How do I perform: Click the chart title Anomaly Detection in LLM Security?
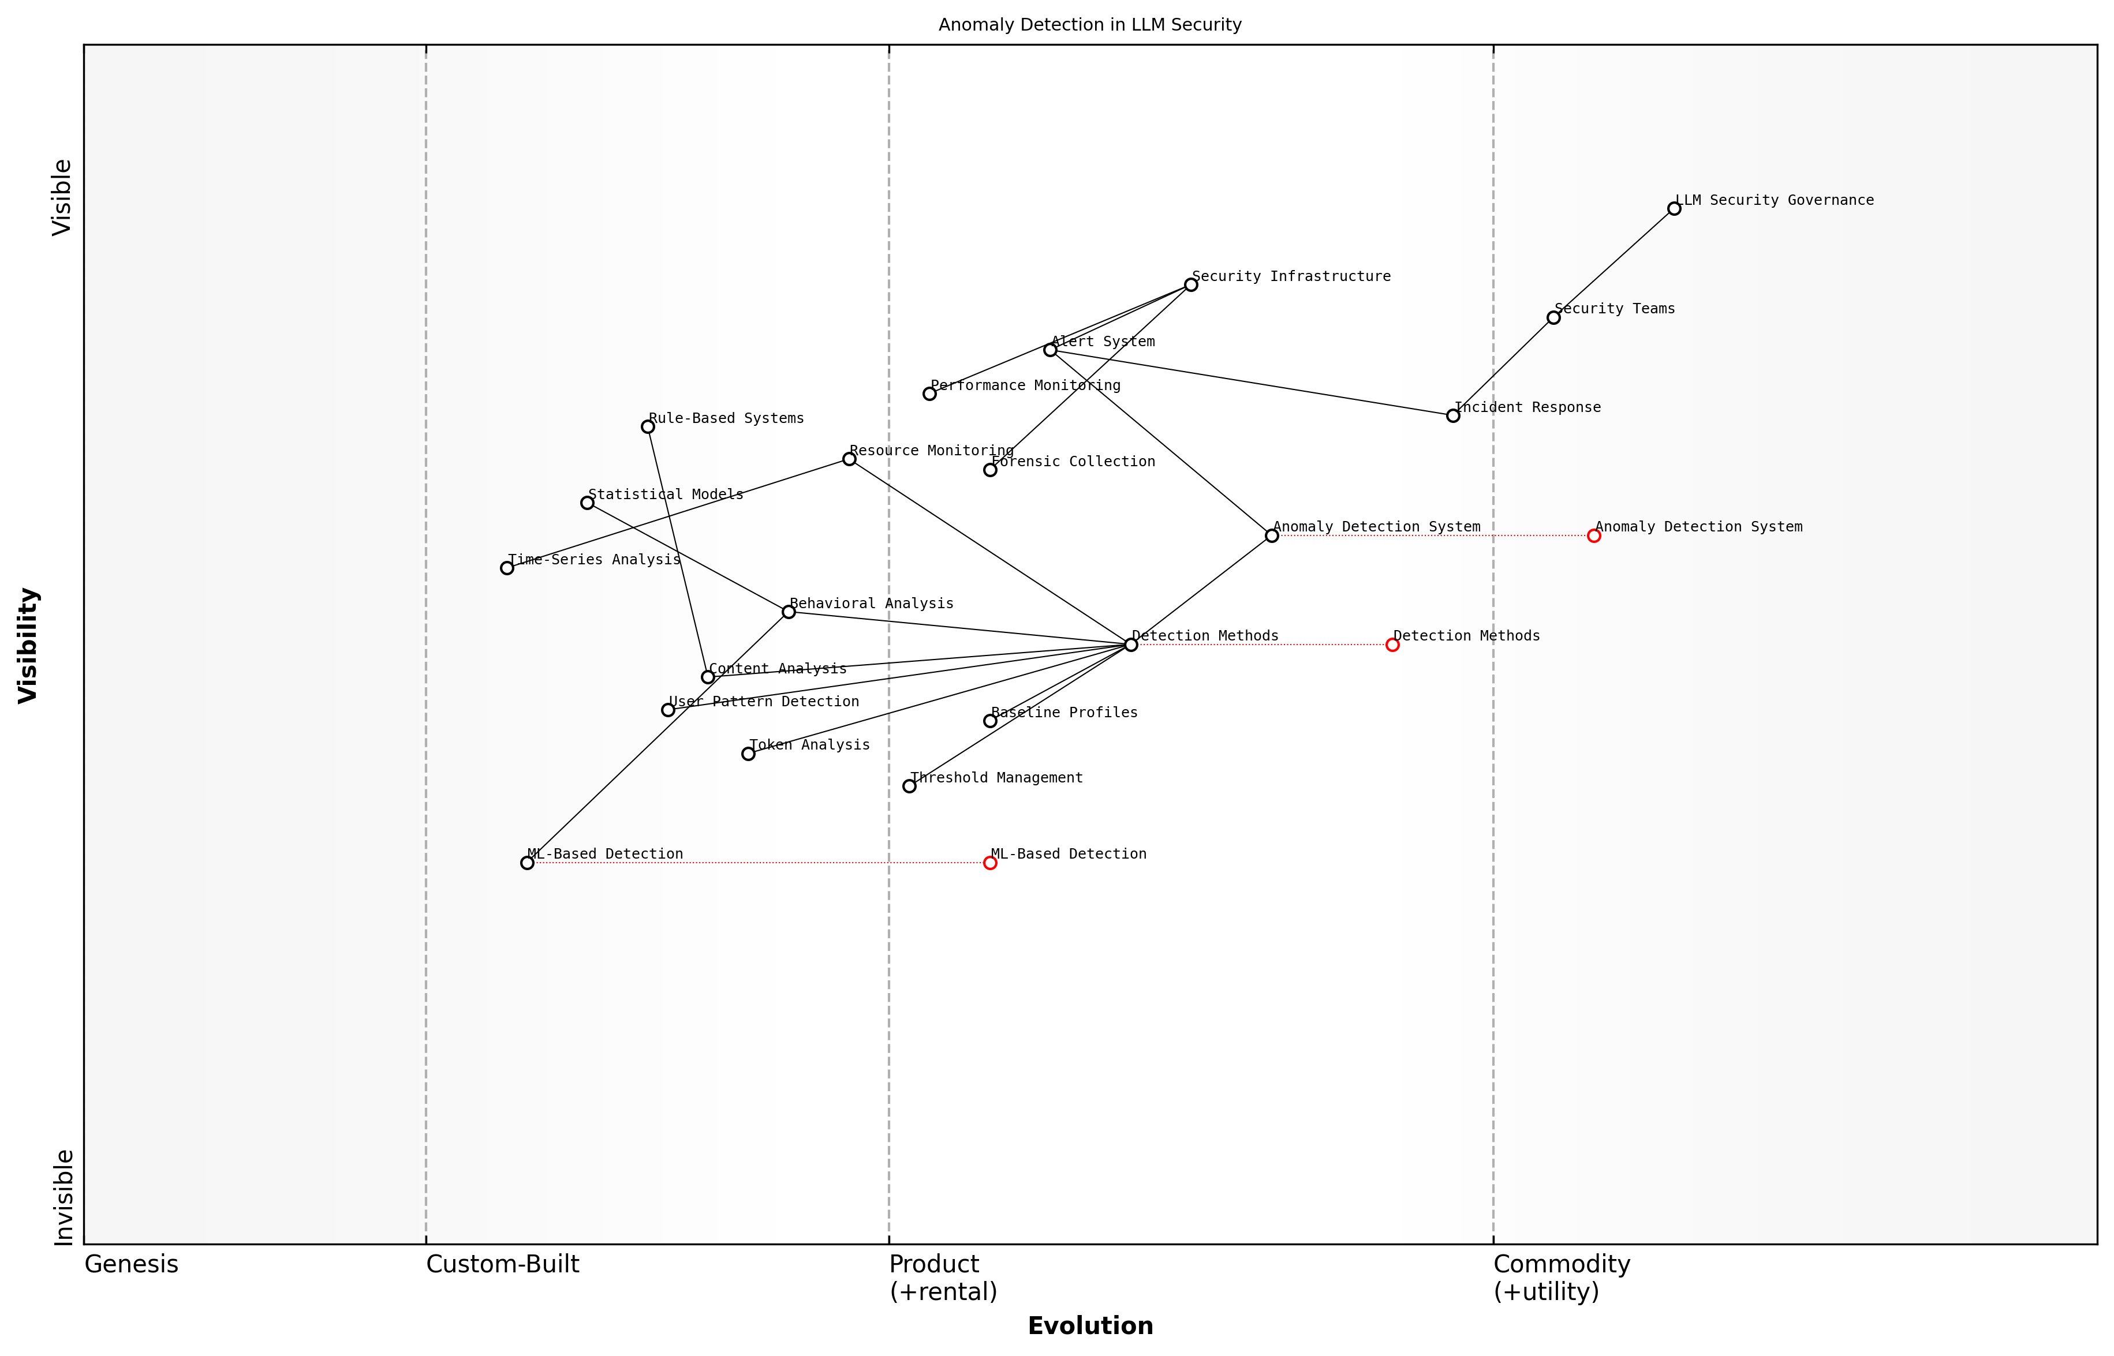pos(1089,25)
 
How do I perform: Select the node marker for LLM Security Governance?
pos(1674,209)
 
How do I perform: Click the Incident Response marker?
pos(1452,415)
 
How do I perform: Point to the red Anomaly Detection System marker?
pos(1593,535)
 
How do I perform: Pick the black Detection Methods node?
pos(1131,645)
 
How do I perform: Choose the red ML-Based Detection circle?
pos(990,863)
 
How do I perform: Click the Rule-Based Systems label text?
pos(726,418)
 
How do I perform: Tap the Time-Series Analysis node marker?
pos(506,568)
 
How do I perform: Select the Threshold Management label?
pos(996,777)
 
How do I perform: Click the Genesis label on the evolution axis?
pos(131,1264)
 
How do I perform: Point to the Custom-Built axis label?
pos(502,1264)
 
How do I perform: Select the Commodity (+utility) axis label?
pos(1561,1278)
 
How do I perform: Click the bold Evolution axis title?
pos(1089,1326)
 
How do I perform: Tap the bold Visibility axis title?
pos(28,645)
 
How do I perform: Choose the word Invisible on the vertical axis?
pos(64,1197)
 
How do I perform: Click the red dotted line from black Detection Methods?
pos(1260,645)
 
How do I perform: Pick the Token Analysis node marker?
pos(748,754)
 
